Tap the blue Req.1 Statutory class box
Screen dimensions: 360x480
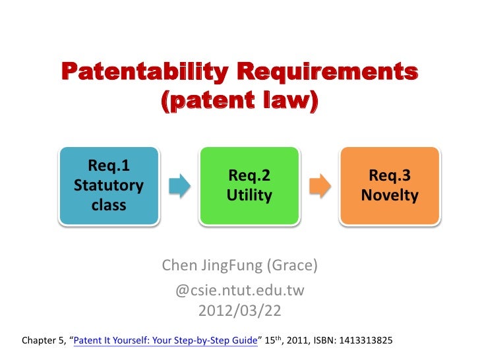pos(109,186)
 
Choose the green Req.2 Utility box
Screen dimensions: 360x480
pos(249,186)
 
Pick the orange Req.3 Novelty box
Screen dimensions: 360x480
pos(390,186)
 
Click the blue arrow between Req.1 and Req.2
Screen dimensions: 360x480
pos(179,186)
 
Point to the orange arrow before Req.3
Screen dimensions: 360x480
pos(320,186)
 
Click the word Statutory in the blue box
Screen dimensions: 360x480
pos(109,185)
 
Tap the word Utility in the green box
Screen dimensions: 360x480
pos(249,196)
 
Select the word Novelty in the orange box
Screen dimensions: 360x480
pos(390,196)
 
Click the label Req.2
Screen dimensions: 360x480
pos(249,176)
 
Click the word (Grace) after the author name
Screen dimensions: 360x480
pos(292,266)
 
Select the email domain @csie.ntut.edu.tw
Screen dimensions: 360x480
pos(239,289)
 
